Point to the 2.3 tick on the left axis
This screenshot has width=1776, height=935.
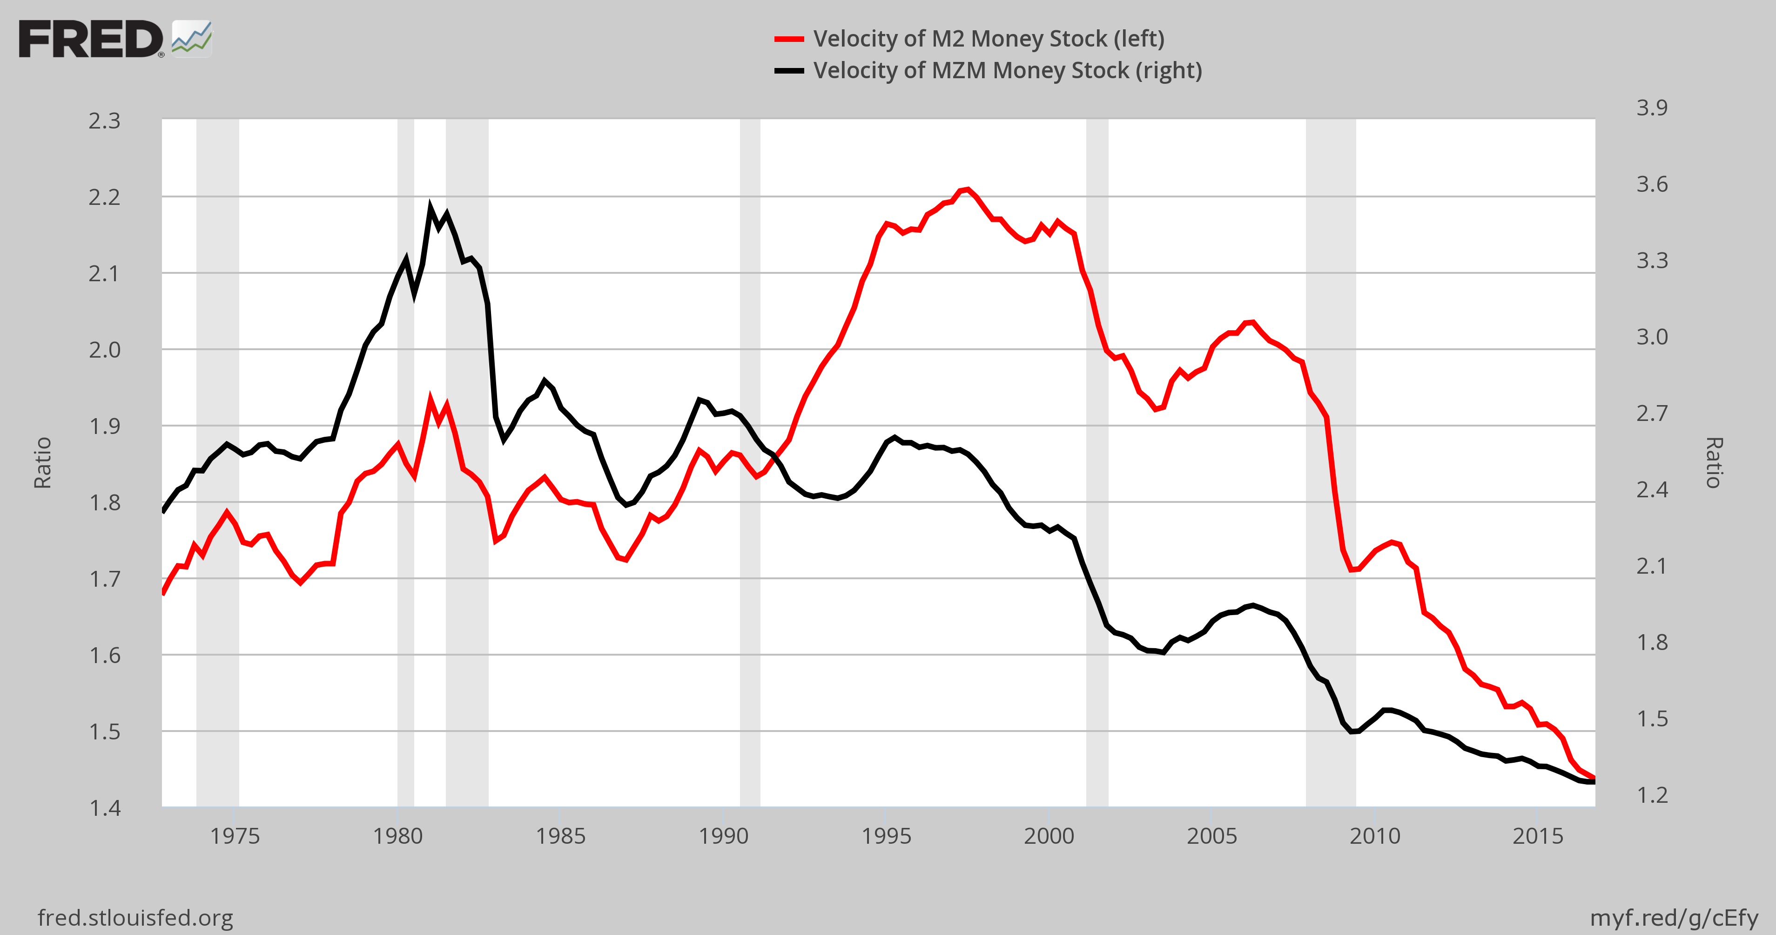coord(104,122)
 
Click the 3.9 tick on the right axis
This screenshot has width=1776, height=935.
coord(1652,108)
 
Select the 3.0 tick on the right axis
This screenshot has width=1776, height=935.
coord(1652,337)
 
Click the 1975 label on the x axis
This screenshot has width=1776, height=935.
coord(235,836)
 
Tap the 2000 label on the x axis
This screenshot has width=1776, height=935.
coord(1049,836)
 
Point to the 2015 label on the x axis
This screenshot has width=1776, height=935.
coord(1537,836)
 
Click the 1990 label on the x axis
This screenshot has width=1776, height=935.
coord(723,836)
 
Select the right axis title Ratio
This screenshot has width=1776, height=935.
coord(1715,463)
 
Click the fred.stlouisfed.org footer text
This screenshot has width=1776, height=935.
coord(135,918)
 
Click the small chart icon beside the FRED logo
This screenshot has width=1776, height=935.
coord(192,39)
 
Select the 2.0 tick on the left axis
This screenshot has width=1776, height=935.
coord(104,350)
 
